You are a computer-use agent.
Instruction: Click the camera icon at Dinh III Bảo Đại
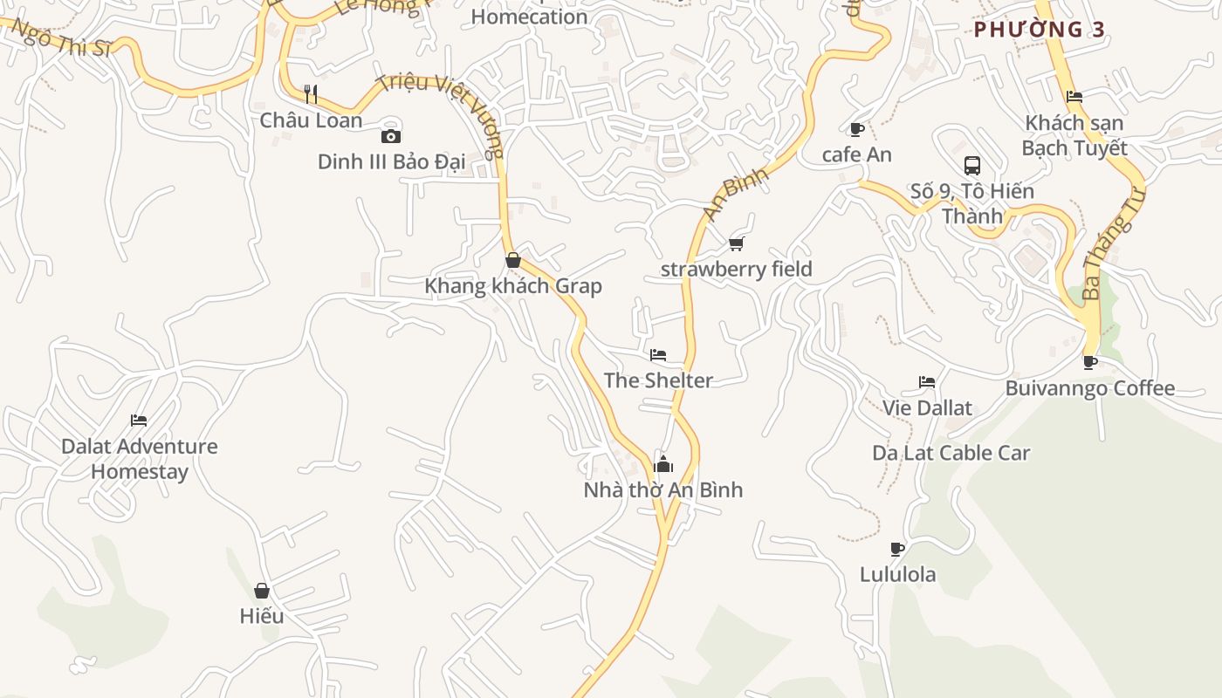pos(391,136)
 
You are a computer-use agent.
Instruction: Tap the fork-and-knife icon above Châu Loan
pos(310,93)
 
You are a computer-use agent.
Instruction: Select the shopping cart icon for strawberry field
pos(736,243)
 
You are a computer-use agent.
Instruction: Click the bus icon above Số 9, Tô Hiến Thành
pos(972,165)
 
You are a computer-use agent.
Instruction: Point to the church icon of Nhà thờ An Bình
pos(663,463)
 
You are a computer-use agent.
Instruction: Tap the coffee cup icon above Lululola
pos(896,549)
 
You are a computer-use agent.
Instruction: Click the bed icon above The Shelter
pos(658,355)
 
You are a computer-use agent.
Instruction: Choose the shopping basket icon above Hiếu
pos(262,591)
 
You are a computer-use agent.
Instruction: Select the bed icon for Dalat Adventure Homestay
pos(139,421)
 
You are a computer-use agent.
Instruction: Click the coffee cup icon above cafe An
pos(857,129)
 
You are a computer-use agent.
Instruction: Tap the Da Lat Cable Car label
pos(951,453)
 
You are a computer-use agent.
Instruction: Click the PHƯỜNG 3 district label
pos(1040,30)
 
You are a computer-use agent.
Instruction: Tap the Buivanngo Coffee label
pos(1089,388)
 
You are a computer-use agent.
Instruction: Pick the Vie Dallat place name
pos(927,407)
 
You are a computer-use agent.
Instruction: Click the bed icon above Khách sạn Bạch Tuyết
pos(1074,97)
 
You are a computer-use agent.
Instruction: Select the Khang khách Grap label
pos(512,286)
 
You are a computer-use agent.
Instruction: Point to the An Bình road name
pos(736,195)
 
